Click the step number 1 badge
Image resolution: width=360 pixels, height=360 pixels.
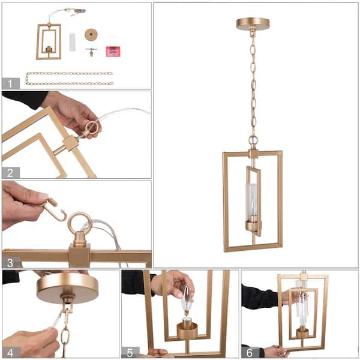pos(10,83)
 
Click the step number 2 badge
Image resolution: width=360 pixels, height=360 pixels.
pos(10,173)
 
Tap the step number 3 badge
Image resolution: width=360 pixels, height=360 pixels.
pos(10,262)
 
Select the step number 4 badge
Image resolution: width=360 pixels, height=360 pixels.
pos(10,352)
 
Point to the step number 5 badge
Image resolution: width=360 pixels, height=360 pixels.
pos(130,352)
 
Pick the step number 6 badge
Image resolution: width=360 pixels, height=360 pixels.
pos(249,352)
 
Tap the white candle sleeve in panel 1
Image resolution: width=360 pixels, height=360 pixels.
pos(73,42)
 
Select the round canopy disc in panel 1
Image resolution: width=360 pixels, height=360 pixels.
pos(92,34)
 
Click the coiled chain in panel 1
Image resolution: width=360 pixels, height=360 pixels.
pos(69,79)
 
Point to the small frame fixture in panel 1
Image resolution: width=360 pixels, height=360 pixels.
pos(48,41)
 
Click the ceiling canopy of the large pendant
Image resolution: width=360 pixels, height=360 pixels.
pos(253,23)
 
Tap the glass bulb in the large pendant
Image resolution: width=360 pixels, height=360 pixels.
pos(252,200)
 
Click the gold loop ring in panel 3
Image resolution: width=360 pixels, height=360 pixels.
pos(79,224)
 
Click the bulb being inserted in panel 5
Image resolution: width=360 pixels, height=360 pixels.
pos(187,300)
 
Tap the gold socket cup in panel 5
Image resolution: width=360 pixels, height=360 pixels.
pos(188,330)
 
